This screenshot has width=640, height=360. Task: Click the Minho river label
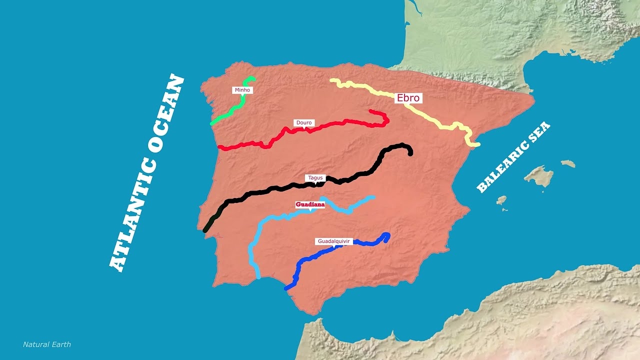tap(242, 90)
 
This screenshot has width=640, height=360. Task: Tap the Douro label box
tap(304, 122)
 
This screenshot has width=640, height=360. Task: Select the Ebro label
tap(408, 98)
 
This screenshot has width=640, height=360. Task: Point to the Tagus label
tap(315, 178)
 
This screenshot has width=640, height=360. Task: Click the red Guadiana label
tap(310, 204)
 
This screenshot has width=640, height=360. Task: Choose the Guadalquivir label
tap(334, 241)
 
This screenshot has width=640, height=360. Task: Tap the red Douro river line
tap(330, 124)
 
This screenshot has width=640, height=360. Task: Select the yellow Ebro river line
tap(430, 118)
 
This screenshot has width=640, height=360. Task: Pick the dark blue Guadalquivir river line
tap(320, 252)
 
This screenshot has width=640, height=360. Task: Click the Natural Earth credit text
tap(47, 344)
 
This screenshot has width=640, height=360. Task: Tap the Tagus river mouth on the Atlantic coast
tap(205, 230)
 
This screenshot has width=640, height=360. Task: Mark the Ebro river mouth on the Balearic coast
tap(477, 144)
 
